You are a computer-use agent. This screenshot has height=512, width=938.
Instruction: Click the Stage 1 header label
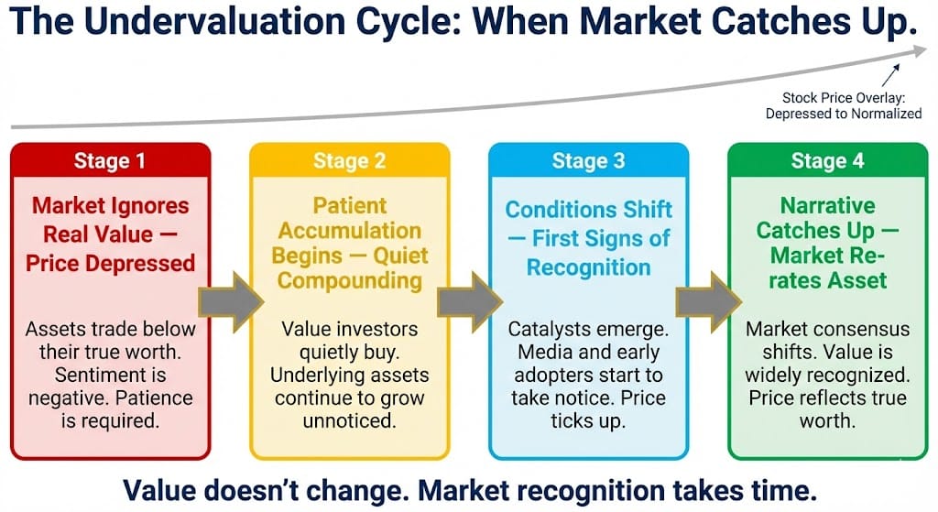[x=110, y=161]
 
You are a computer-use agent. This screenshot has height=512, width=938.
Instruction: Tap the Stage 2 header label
[x=349, y=161]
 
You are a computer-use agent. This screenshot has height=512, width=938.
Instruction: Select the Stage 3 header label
[x=588, y=161]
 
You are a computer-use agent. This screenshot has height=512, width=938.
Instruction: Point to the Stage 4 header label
[x=827, y=161]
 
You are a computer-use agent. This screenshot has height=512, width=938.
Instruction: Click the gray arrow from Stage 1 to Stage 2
[x=231, y=302]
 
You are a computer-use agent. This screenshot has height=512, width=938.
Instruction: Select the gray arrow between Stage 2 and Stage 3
[x=470, y=302]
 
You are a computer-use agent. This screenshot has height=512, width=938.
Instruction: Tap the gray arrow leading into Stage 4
[x=709, y=302]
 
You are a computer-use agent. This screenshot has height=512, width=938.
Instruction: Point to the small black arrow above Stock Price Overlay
[x=890, y=75]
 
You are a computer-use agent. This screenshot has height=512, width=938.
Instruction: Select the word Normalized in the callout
[x=887, y=114]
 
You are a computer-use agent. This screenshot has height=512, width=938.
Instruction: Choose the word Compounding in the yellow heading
[x=350, y=281]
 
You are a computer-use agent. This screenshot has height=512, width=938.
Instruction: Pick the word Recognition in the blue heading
[x=589, y=268]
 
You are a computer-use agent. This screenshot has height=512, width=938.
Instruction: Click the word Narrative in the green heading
[x=828, y=206]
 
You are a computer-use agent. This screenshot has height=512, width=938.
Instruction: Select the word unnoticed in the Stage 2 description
[x=349, y=421]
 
